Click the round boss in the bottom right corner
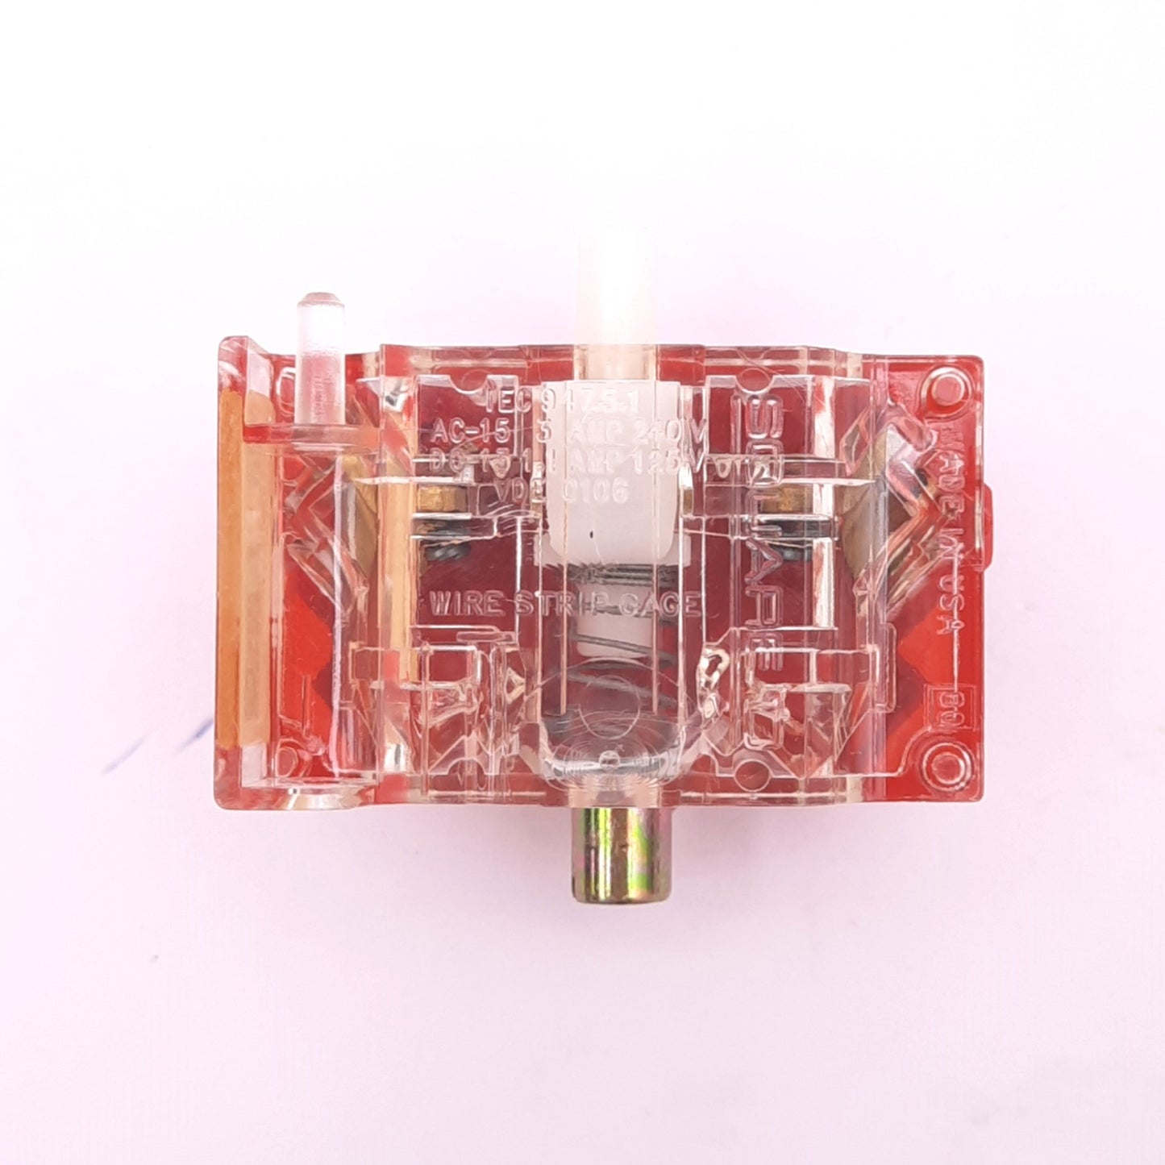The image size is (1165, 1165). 938,761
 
